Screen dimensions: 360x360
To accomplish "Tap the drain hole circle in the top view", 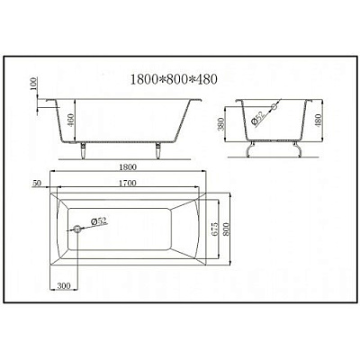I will (x=78, y=229).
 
